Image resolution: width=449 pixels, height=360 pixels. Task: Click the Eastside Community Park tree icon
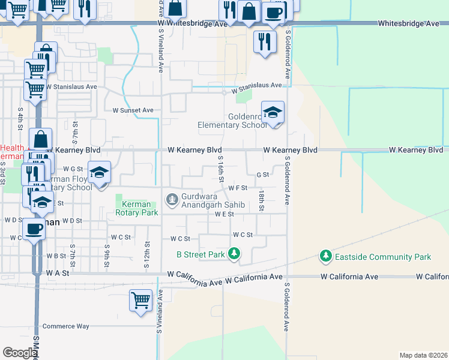pyautogui.click(x=325, y=256)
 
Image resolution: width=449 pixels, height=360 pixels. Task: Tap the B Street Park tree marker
pyautogui.click(x=234, y=254)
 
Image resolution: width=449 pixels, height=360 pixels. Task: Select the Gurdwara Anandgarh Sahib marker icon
pyautogui.click(x=172, y=198)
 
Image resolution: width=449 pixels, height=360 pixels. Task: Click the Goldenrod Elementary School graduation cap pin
pyautogui.click(x=273, y=112)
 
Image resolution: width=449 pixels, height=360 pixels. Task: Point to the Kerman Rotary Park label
pyautogui.click(x=136, y=208)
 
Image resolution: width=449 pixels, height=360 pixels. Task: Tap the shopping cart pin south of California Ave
pyautogui.click(x=140, y=299)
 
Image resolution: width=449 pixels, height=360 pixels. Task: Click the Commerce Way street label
pyautogui.click(x=65, y=326)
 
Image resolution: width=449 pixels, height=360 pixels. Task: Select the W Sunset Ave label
pyautogui.click(x=133, y=110)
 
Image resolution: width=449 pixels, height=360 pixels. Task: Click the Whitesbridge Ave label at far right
pyautogui.click(x=408, y=23)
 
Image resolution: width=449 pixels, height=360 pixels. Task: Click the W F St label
pyautogui.click(x=238, y=188)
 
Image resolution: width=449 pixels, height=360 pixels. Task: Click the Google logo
pyautogui.click(x=19, y=353)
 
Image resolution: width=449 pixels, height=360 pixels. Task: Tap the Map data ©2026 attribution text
pyautogui.click(x=423, y=355)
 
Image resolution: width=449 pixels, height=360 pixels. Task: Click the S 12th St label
pyautogui.click(x=146, y=251)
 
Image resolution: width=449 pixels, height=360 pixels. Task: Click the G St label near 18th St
pyautogui.click(x=262, y=175)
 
